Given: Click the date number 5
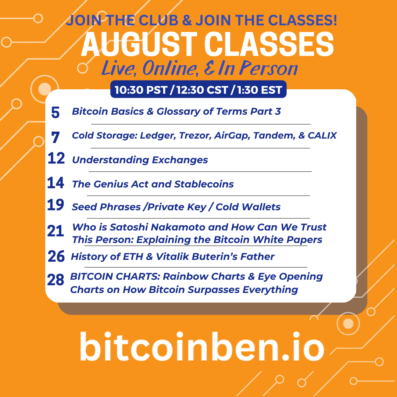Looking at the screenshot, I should (55, 112).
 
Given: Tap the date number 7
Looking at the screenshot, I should (56, 137).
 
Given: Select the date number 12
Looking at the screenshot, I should (56, 158).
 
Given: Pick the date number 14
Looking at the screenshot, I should (56, 183).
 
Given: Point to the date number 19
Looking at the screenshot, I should (56, 205).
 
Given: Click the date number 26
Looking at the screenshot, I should (56, 256).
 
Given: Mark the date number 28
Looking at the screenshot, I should (56, 280).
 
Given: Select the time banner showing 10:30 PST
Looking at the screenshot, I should (198, 90).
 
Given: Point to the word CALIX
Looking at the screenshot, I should (322, 135).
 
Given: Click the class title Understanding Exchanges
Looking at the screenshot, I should (140, 160).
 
